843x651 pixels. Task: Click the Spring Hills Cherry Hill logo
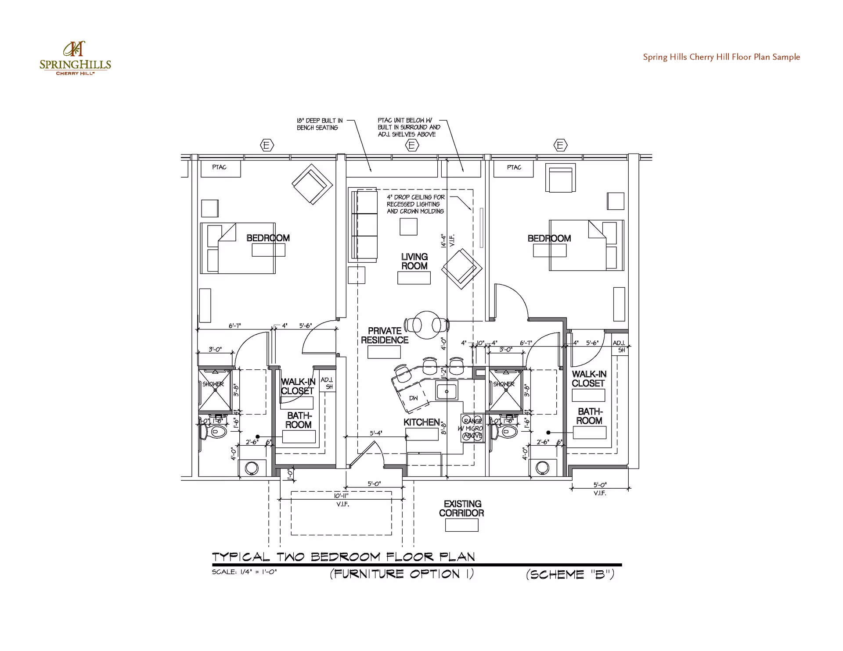(75, 58)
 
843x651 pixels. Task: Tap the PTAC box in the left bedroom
(220, 168)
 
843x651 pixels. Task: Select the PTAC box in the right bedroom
(513, 168)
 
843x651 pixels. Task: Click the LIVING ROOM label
(414, 261)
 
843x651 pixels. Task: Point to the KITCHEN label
(421, 422)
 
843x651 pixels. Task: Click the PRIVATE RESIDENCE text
(385, 336)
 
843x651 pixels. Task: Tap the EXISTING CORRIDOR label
(461, 508)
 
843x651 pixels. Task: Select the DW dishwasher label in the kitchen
(413, 398)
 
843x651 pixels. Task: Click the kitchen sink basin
(447, 391)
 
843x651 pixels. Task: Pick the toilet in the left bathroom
(214, 432)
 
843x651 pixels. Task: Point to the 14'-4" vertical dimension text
(443, 240)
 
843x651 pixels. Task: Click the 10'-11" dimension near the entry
(341, 496)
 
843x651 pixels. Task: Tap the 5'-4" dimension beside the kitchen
(376, 433)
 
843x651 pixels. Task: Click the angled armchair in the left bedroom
(312, 184)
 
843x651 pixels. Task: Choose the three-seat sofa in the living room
(364, 225)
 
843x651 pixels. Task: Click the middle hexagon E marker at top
(411, 145)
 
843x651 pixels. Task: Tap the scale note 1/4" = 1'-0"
(244, 572)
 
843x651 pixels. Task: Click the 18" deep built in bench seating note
(319, 124)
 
